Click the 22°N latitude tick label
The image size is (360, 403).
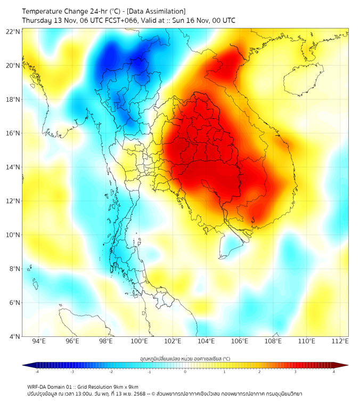click(13, 31)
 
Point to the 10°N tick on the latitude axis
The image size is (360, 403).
click(13, 235)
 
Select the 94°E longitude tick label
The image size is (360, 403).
click(39, 341)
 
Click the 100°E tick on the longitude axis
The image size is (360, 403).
click(139, 341)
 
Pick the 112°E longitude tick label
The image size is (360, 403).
click(340, 341)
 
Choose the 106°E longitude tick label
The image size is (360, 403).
click(240, 341)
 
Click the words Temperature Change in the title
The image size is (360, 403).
click(51, 11)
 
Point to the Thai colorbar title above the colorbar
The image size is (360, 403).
click(185, 358)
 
